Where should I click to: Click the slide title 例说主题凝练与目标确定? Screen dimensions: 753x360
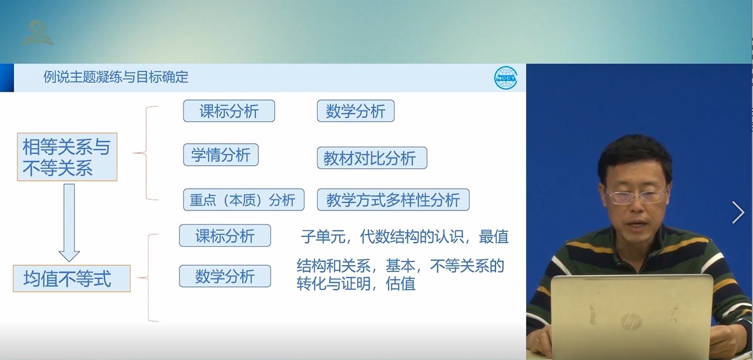(x=116, y=77)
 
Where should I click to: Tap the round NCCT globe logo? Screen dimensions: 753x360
(x=506, y=78)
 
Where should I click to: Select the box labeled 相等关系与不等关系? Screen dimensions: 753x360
(x=67, y=156)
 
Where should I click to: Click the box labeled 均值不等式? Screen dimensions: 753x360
(x=72, y=278)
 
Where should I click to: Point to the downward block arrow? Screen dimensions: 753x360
(x=69, y=222)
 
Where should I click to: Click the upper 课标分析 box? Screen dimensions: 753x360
(x=229, y=111)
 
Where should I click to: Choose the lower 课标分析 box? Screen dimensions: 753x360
(x=225, y=236)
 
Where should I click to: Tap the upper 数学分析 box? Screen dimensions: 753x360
(x=355, y=111)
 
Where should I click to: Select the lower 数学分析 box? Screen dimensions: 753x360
(x=225, y=276)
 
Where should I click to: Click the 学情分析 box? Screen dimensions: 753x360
(x=221, y=155)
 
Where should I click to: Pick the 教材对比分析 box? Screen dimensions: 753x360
(x=372, y=158)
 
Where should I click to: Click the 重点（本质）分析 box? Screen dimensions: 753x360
(x=244, y=199)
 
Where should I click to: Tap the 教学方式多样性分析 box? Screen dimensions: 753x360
(x=393, y=199)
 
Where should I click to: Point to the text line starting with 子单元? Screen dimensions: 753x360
(x=404, y=236)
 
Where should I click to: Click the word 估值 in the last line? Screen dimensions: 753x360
(x=401, y=283)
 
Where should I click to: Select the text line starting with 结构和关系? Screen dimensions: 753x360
(x=401, y=265)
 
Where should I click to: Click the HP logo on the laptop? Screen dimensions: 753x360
(x=631, y=322)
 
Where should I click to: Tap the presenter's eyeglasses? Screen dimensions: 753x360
(x=636, y=195)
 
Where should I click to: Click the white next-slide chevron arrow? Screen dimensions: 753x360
(x=738, y=212)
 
